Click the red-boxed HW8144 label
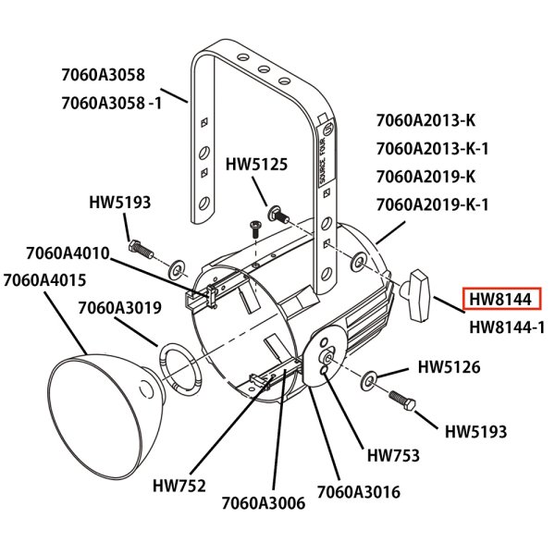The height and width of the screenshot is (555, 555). (x=499, y=300)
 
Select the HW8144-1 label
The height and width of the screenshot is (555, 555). (x=506, y=327)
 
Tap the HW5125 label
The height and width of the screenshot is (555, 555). (x=257, y=165)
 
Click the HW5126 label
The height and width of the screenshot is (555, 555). (x=450, y=367)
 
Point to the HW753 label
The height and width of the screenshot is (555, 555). (x=393, y=455)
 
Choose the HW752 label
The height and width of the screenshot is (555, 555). (x=179, y=485)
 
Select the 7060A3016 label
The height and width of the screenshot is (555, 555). (x=359, y=492)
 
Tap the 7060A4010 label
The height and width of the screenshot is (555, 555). (x=68, y=253)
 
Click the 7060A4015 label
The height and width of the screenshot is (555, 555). (x=45, y=279)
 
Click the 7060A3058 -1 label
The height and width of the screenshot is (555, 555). (x=111, y=104)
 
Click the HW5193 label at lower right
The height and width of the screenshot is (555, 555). (x=475, y=431)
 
